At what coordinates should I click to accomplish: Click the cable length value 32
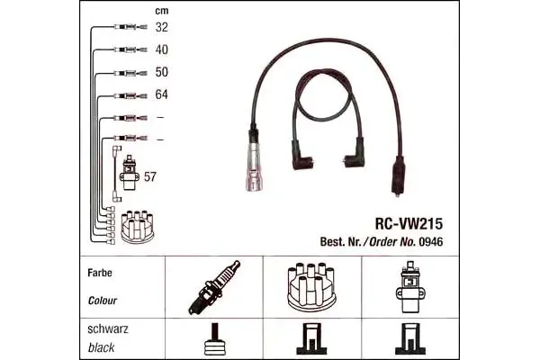(x=161, y=27)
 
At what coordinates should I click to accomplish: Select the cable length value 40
(x=161, y=49)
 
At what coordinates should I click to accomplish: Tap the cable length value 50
(x=161, y=72)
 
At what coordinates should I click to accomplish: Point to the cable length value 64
(x=161, y=94)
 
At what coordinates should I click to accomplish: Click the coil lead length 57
(x=150, y=176)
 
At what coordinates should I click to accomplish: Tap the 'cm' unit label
(x=161, y=11)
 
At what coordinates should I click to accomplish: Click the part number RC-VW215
(x=409, y=224)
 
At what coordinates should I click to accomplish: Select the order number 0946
(x=430, y=242)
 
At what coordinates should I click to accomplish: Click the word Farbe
(x=100, y=273)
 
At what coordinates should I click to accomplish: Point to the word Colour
(x=103, y=301)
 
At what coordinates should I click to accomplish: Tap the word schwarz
(x=108, y=329)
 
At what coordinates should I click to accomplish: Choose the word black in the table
(x=101, y=347)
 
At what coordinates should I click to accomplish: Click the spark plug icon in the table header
(x=214, y=287)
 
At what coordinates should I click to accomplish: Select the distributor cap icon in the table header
(x=311, y=286)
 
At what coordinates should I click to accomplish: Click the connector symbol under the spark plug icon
(x=215, y=339)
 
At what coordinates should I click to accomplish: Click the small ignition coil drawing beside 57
(x=130, y=173)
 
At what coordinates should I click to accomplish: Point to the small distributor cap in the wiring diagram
(x=138, y=226)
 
